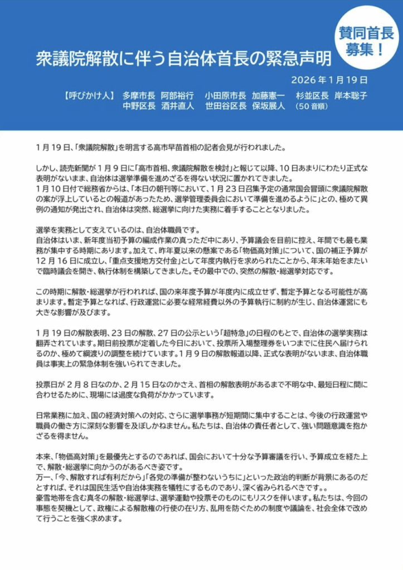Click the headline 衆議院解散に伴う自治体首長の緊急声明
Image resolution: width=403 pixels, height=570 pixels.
(x=183, y=58)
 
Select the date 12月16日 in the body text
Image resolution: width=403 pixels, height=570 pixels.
(x=57, y=249)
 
